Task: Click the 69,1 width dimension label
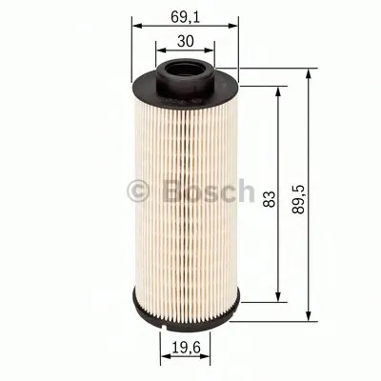[188, 16]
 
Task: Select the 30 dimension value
[188, 41]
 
